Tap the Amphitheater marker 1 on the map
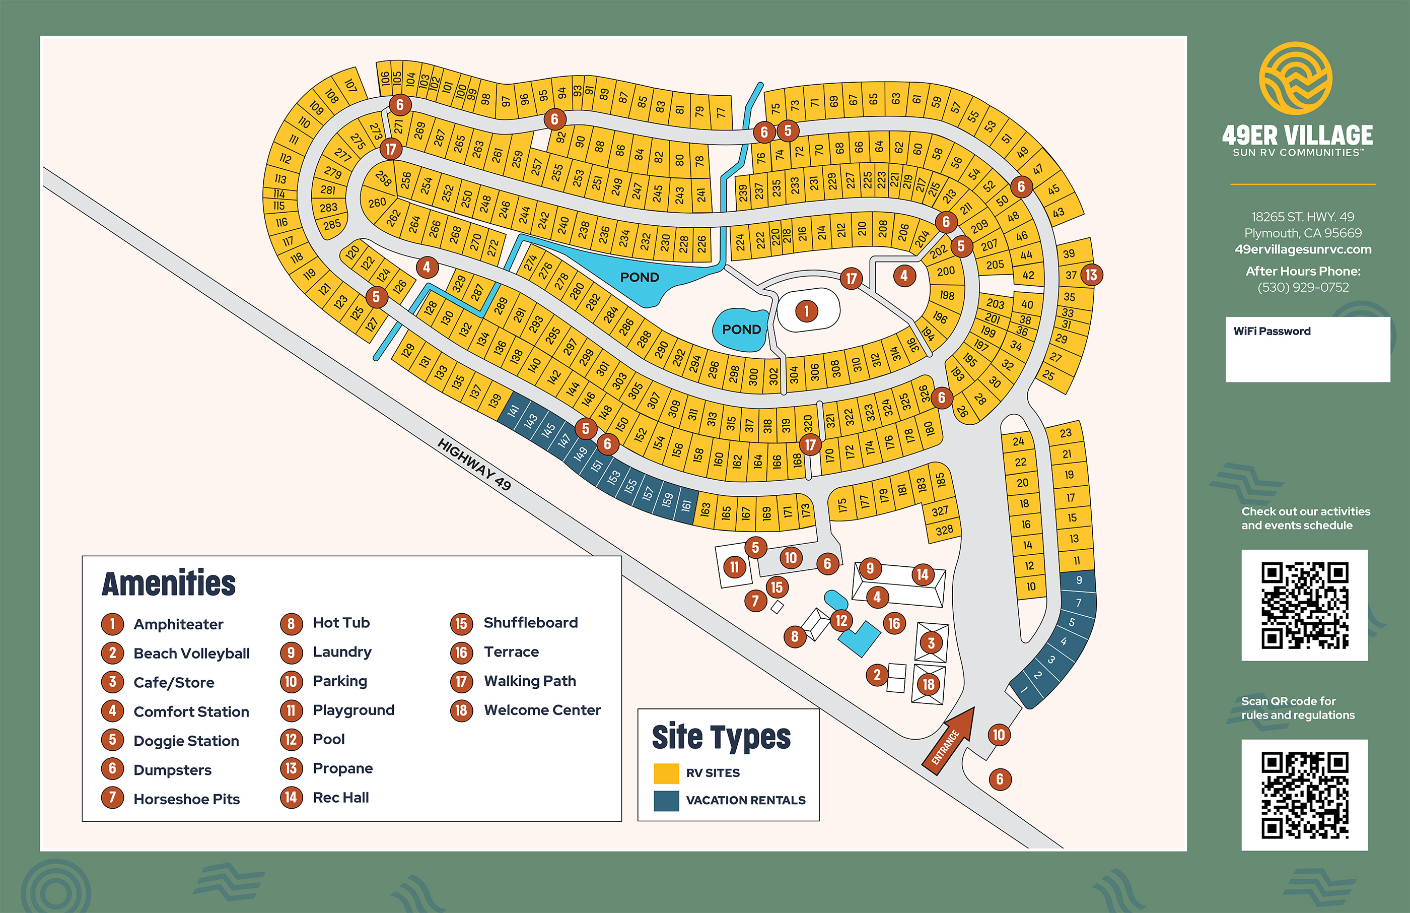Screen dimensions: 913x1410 click(806, 311)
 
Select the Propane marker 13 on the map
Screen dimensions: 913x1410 click(1091, 275)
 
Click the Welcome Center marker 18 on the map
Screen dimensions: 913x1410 click(929, 684)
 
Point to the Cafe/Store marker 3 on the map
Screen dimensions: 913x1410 click(931, 642)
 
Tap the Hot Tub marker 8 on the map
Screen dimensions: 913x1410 click(795, 637)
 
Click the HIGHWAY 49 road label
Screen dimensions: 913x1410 click(474, 464)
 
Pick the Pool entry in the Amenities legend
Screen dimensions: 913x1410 click(328, 739)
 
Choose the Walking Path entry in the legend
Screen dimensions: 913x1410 click(529, 681)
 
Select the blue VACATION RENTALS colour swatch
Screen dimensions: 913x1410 click(666, 800)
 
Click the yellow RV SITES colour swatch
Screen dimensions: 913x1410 click(666, 773)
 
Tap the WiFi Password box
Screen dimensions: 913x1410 click(1307, 349)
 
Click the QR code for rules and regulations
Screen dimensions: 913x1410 click(1305, 795)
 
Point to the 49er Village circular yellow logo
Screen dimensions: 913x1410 click(1296, 78)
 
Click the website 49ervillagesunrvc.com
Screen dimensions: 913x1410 click(1303, 249)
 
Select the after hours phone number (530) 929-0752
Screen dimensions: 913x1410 click(1303, 288)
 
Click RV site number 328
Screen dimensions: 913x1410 click(944, 530)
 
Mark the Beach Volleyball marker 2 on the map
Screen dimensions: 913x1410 click(877, 675)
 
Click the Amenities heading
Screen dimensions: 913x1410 click(169, 583)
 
